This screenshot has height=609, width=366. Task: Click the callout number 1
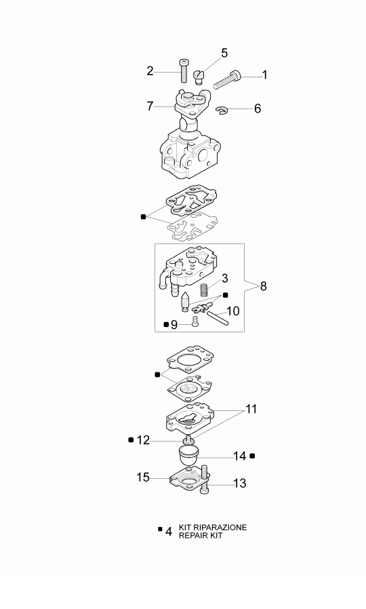[x=265, y=75]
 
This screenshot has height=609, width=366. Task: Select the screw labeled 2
[x=184, y=71]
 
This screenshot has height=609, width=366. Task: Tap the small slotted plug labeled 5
[x=199, y=77]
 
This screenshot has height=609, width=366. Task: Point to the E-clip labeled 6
[x=222, y=111]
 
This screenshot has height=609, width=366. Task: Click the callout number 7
[x=150, y=106]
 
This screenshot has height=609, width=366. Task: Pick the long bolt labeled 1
[x=228, y=79]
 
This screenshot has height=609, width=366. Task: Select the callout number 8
[x=264, y=286]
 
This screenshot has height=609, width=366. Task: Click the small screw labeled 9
[x=195, y=321]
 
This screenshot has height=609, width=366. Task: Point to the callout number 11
[x=251, y=409]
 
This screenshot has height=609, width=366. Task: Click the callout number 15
[x=143, y=477]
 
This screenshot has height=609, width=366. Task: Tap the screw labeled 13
[x=205, y=479]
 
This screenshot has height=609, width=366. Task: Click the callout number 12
[x=143, y=440]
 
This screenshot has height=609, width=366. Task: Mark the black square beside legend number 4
[x=161, y=529]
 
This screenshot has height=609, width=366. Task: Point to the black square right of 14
[x=252, y=456]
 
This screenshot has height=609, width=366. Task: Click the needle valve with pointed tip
[x=185, y=301]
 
